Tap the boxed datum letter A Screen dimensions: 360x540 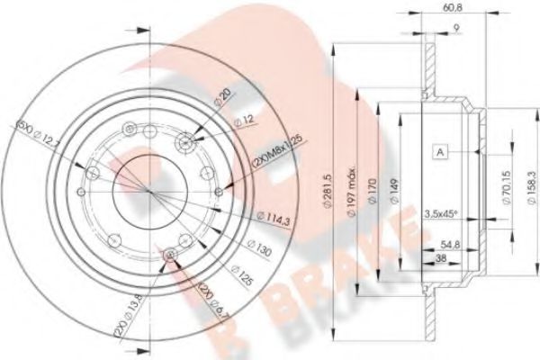click(440, 152)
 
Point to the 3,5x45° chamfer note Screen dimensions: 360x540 click(440, 213)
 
